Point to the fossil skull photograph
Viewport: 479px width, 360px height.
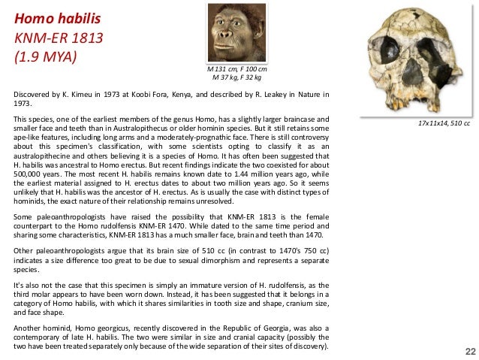(x=418, y=59)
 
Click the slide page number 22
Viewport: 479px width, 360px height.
(x=470, y=351)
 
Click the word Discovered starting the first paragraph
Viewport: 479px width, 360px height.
(x=32, y=95)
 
